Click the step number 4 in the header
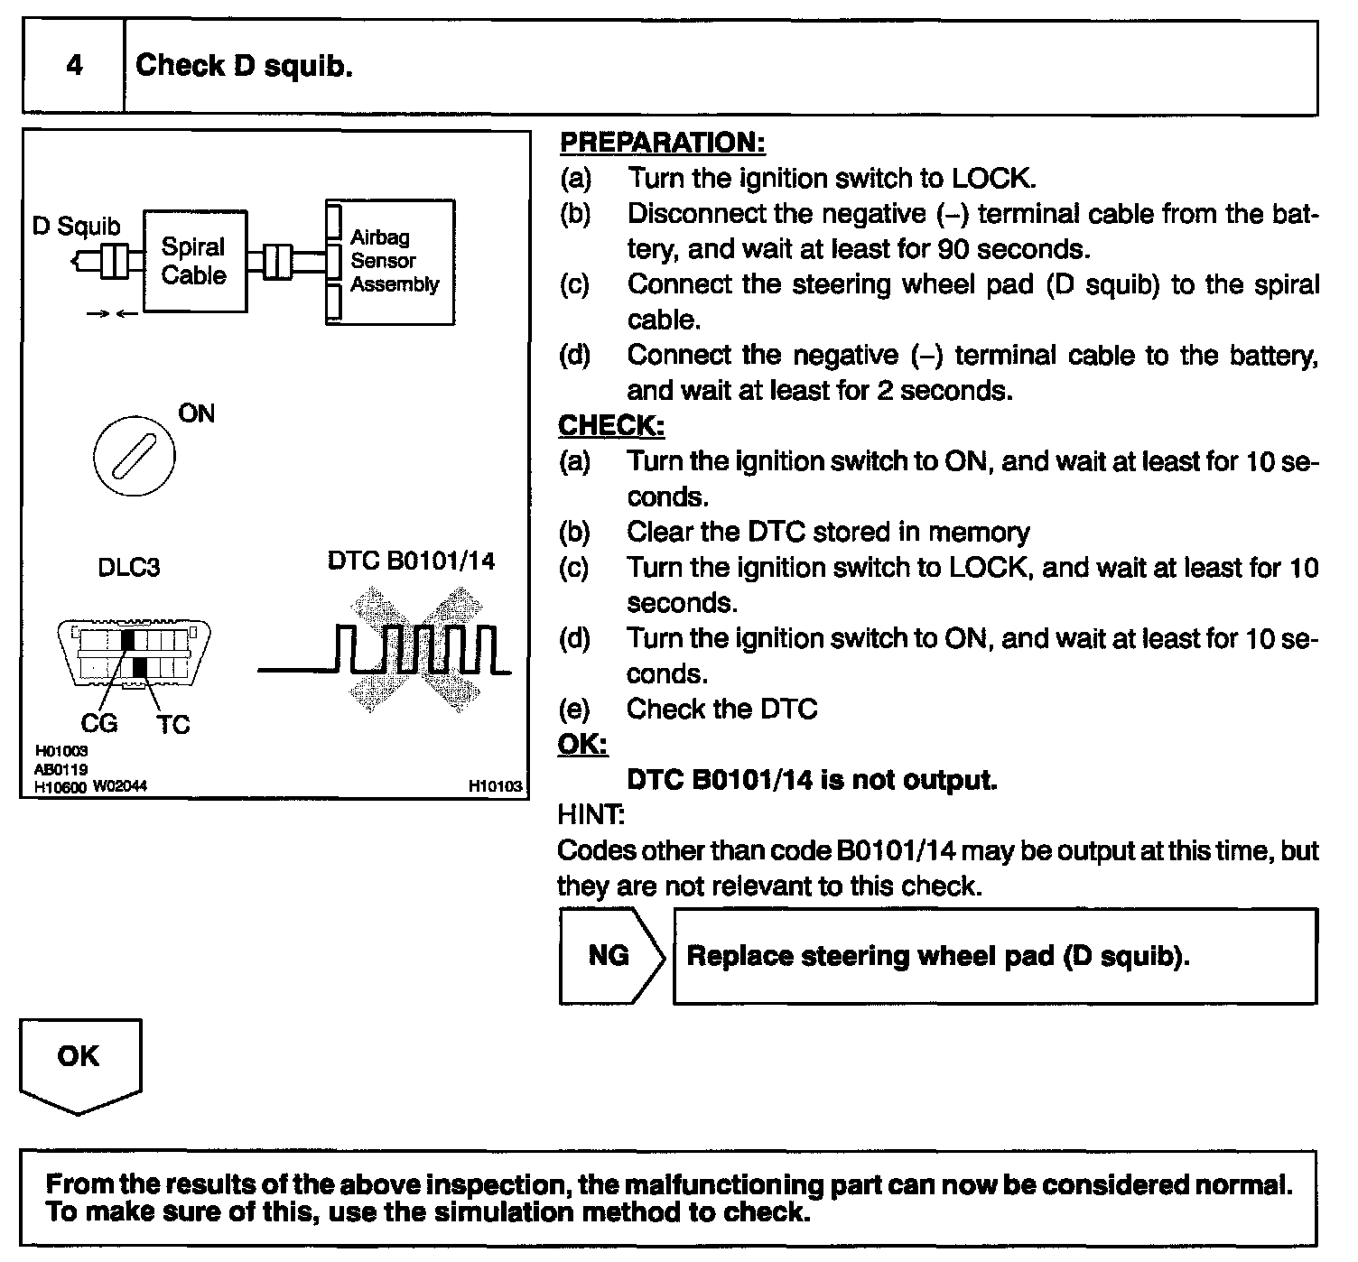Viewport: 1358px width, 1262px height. [74, 66]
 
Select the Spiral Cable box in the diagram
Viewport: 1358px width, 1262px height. [194, 261]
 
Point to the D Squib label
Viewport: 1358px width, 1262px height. [76, 226]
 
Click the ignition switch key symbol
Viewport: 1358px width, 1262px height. [135, 455]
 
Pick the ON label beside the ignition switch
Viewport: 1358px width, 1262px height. [197, 414]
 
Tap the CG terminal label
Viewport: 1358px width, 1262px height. [99, 724]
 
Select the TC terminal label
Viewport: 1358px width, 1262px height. [173, 724]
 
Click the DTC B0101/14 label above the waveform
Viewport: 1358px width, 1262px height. [411, 561]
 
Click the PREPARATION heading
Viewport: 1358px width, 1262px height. [663, 143]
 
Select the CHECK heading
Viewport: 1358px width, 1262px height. [611, 425]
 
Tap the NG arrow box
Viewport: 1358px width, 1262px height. [610, 956]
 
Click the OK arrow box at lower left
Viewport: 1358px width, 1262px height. [79, 1062]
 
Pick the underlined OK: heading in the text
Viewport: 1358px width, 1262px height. [582, 744]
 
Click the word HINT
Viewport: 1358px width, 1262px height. [591, 815]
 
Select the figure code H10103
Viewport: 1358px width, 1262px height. [495, 786]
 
